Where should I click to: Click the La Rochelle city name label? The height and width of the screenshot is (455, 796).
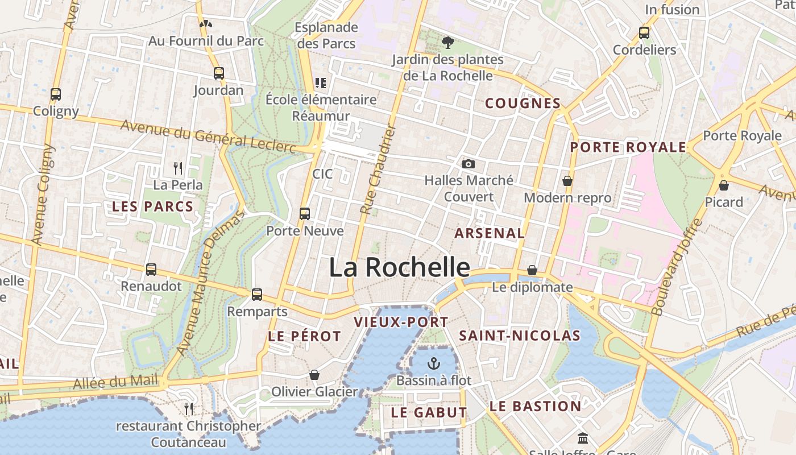click(399, 267)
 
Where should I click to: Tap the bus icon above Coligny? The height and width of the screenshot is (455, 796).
click(56, 94)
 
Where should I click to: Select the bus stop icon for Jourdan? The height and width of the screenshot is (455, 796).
click(219, 73)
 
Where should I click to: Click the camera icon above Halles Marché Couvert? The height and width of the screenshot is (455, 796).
click(469, 164)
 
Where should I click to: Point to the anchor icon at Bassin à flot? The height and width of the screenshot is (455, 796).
click(434, 363)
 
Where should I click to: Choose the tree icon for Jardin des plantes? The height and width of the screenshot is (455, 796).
click(447, 42)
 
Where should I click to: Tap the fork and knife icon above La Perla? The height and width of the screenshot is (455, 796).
click(178, 168)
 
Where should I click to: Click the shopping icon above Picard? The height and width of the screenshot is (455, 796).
click(724, 185)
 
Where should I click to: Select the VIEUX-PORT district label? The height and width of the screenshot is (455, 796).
click(401, 322)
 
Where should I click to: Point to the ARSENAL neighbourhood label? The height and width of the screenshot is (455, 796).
click(490, 233)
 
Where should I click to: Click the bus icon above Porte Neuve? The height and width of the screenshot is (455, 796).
click(305, 214)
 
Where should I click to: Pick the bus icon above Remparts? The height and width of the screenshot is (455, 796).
click(257, 295)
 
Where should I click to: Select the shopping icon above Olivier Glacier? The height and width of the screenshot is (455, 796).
click(314, 375)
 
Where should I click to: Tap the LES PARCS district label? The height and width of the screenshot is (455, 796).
click(152, 206)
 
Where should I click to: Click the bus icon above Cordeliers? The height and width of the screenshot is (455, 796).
click(644, 33)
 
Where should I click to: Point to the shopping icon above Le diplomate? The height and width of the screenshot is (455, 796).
click(532, 270)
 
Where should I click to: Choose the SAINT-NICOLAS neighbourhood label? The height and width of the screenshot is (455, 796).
click(520, 336)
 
